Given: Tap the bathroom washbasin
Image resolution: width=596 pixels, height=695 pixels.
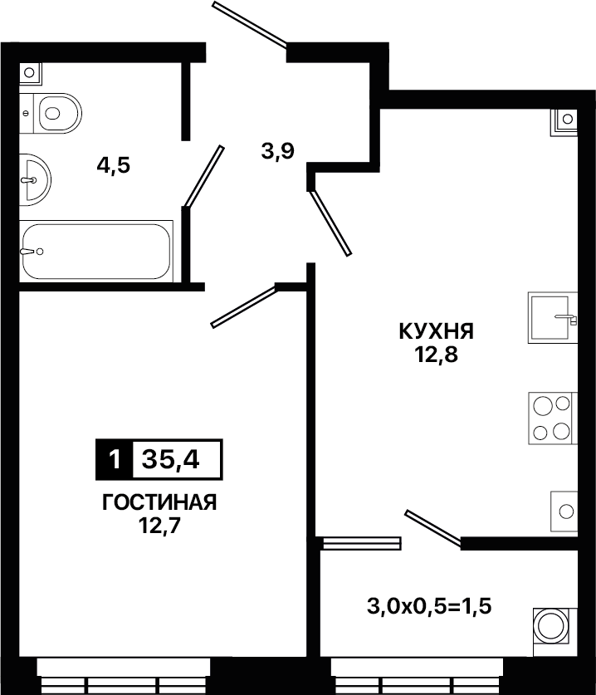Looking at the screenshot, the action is tap(35, 179).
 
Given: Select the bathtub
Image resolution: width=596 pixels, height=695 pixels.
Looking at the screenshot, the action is tap(96, 252).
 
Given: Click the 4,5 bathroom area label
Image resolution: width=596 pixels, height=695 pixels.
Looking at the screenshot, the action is tap(114, 166).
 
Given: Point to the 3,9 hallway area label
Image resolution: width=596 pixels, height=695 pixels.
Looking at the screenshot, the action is tap(278, 152).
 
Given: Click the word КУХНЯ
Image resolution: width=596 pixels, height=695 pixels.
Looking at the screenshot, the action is tap(437, 331).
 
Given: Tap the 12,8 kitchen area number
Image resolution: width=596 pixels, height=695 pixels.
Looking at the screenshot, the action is tap(436, 355).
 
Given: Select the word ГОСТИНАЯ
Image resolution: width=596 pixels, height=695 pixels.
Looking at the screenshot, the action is tap(159, 502).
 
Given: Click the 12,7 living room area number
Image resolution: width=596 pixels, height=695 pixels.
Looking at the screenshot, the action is tap(159, 526).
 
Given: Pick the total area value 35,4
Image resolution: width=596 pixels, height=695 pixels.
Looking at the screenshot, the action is tap(171, 460).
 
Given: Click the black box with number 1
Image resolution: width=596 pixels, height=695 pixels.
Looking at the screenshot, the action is tap(115, 460).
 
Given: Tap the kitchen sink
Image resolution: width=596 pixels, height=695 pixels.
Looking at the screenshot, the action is tap(553, 317).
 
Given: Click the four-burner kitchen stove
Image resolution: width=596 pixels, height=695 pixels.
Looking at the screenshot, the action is tap(553, 418).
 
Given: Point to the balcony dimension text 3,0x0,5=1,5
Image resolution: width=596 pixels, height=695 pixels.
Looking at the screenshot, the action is tap(429, 606).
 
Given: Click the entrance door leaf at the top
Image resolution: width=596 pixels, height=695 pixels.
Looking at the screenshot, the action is tap(250, 24).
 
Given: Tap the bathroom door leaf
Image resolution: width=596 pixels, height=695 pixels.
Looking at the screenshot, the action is tap(204, 176).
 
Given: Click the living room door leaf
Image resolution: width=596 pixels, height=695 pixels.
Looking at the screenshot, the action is tap(244, 306).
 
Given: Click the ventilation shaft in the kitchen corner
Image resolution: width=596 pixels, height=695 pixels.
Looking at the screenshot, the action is tap(564, 122).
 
